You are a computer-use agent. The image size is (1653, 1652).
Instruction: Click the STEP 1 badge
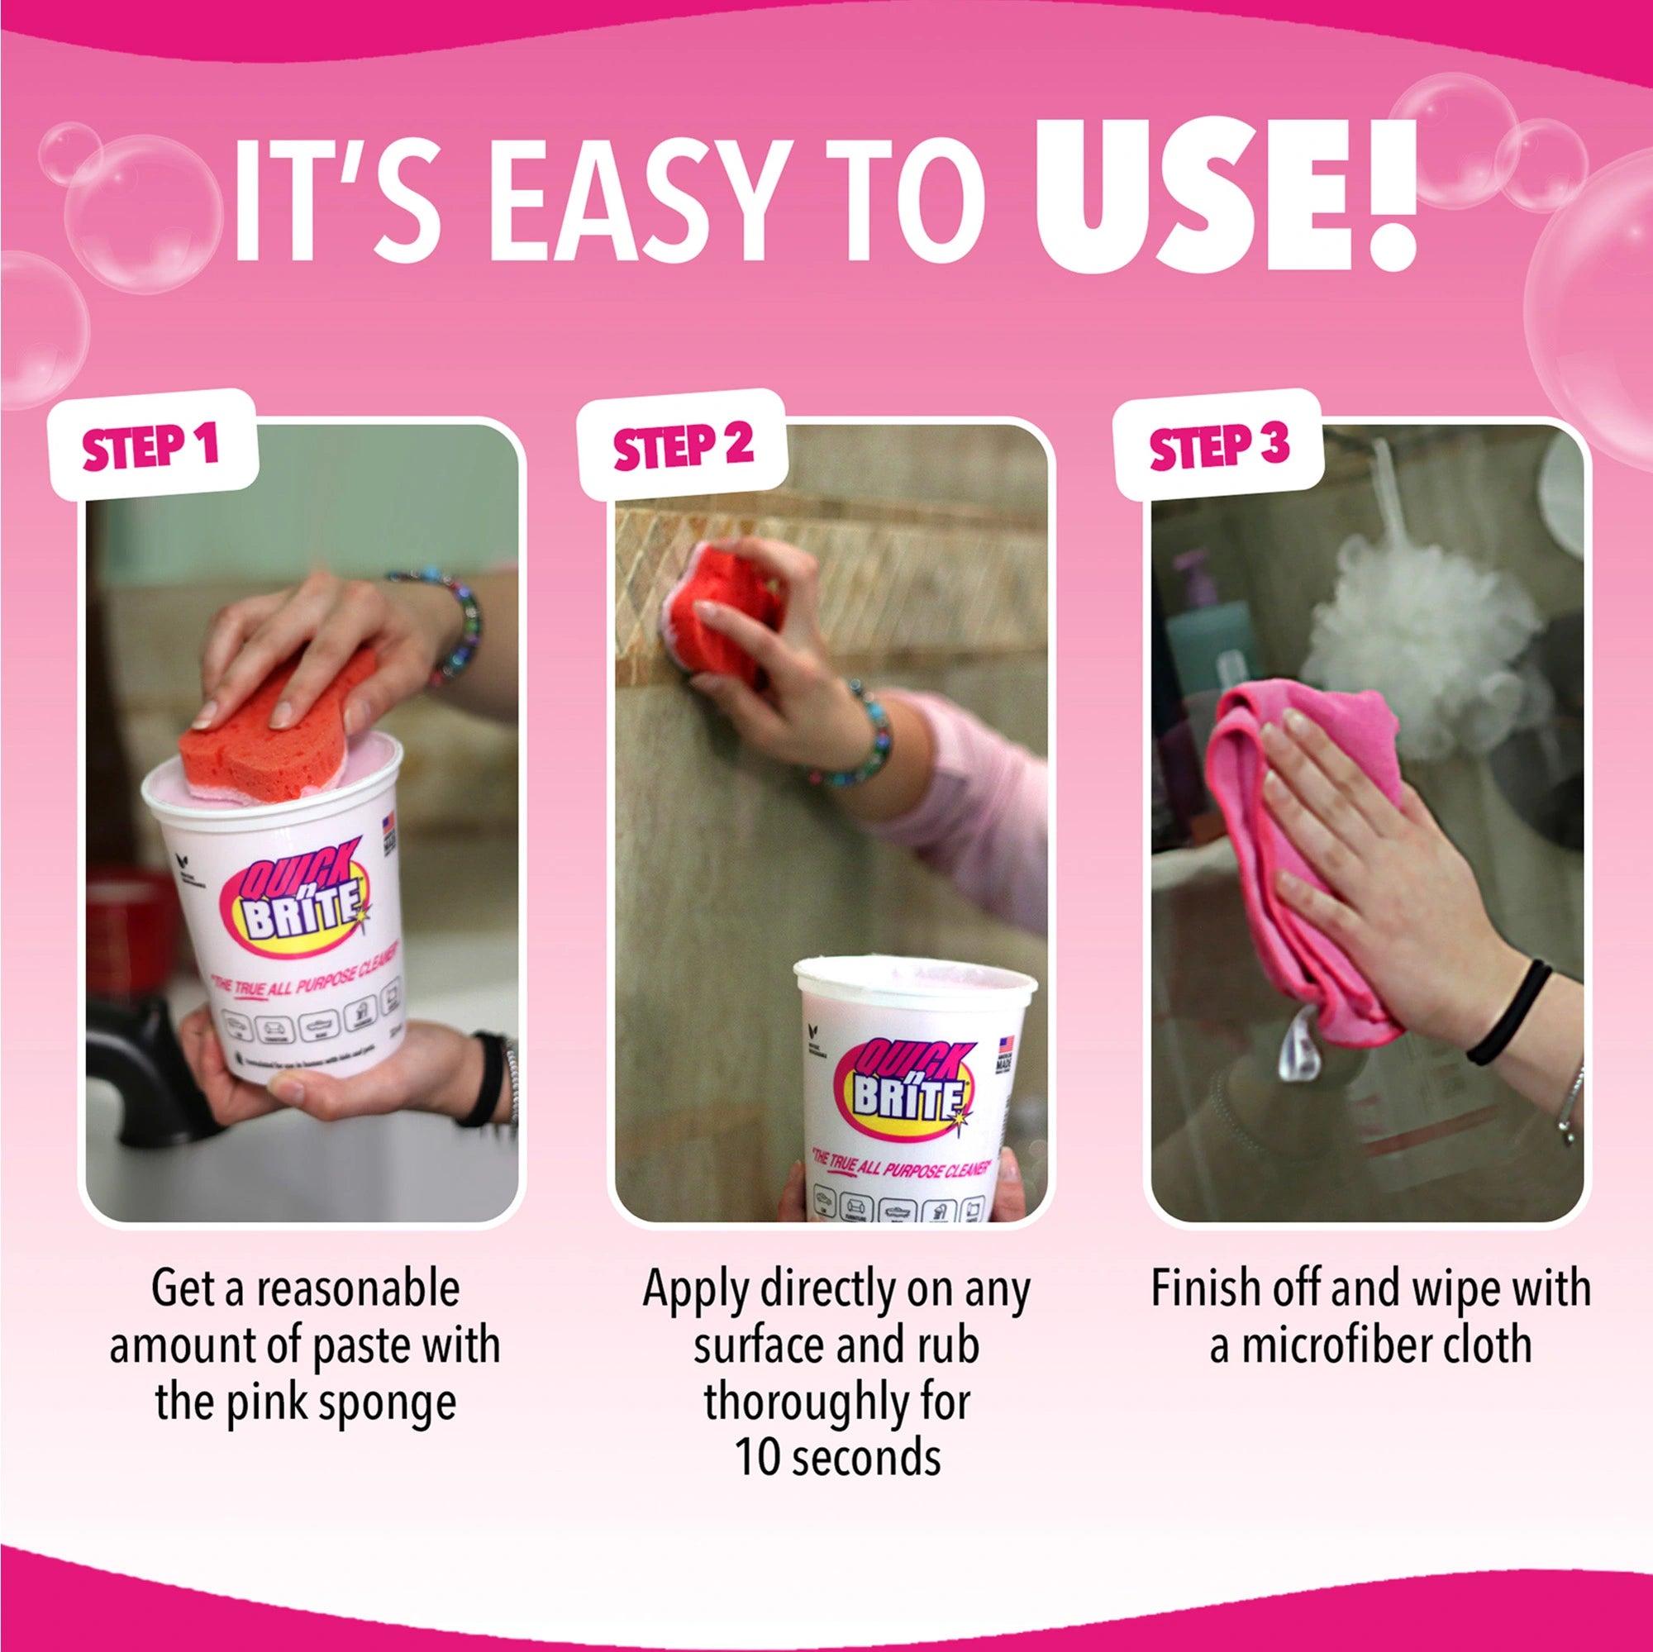[x=151, y=445]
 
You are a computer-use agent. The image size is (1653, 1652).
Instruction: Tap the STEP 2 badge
[x=682, y=445]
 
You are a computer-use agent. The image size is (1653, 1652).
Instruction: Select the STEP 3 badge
[x=1218, y=445]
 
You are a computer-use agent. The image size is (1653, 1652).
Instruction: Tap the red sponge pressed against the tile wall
[x=719, y=607]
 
